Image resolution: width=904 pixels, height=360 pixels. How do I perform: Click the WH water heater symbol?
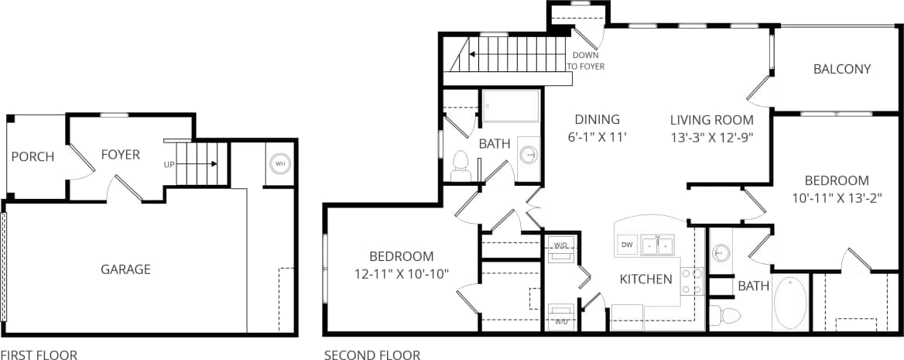(279, 164)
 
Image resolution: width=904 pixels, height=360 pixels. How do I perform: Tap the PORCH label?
(33, 156)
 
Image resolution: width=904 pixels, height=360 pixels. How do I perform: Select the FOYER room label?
(121, 155)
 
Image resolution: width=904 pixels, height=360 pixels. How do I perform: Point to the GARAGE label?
(125, 269)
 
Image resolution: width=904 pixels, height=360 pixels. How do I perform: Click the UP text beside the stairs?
(169, 165)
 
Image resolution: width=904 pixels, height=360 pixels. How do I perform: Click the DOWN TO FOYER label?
(586, 61)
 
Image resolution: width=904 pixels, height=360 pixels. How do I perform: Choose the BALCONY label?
(842, 69)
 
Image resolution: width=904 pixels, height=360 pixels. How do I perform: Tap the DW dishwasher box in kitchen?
(627, 245)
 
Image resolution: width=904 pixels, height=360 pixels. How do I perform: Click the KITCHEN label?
(645, 279)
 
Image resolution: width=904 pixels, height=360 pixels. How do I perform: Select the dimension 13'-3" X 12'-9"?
(711, 137)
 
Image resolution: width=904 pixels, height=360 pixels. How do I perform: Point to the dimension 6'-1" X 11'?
(597, 137)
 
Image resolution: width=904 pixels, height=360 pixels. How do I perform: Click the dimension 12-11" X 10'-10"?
(401, 273)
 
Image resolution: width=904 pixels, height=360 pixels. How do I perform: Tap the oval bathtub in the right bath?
(790, 303)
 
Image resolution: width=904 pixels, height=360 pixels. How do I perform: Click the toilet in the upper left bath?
(461, 166)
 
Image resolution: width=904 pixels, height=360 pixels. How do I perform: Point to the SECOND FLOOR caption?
(372, 355)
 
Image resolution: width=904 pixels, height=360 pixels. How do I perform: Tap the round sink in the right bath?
(721, 254)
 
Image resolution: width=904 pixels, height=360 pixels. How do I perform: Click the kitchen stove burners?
(693, 282)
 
